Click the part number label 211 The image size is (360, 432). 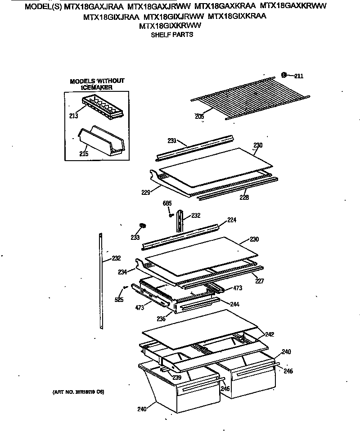298,76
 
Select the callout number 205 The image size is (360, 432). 200,117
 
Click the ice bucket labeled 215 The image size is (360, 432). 102,142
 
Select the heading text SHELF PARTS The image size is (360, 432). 171,34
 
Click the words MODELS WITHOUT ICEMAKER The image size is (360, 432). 97,84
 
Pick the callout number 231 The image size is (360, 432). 174,140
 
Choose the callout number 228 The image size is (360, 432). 243,197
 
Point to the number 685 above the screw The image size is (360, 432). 167,203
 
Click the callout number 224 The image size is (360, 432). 231,220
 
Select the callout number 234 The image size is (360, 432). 123,271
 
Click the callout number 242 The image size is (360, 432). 269,334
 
